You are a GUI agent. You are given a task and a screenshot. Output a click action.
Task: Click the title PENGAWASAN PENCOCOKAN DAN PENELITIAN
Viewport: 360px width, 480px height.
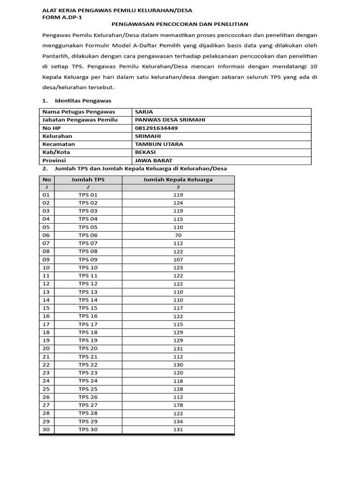(x=180, y=24)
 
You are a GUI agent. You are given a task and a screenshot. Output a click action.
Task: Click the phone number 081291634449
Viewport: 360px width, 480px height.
(x=156, y=128)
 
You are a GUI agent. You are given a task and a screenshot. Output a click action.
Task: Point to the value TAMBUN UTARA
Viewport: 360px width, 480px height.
(x=159, y=144)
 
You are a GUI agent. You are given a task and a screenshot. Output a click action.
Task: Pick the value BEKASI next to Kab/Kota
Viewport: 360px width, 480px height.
(x=145, y=152)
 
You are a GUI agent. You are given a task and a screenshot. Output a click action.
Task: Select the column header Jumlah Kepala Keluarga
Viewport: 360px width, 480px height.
(x=178, y=180)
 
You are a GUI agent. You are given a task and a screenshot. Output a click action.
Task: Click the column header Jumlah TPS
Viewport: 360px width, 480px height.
(x=88, y=180)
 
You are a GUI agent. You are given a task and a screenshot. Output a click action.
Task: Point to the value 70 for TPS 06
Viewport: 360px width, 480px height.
(x=178, y=235)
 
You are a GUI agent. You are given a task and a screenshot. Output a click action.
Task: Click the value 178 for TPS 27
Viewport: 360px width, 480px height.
(x=178, y=405)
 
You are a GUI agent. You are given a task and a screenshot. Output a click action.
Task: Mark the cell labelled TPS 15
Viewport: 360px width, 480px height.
(x=88, y=308)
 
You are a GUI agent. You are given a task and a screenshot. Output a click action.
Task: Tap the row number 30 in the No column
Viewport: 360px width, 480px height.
(x=46, y=429)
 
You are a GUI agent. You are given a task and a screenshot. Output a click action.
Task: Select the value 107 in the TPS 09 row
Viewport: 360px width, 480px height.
(x=178, y=259)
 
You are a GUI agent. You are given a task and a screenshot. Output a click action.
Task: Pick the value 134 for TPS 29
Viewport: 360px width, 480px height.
(x=178, y=421)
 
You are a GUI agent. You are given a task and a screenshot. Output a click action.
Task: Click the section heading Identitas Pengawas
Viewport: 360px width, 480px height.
(x=82, y=101)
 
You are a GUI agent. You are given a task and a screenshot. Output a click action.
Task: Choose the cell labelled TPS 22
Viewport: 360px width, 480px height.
(x=88, y=365)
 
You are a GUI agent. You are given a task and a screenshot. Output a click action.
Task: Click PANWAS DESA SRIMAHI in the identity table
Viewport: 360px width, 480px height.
(x=170, y=120)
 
